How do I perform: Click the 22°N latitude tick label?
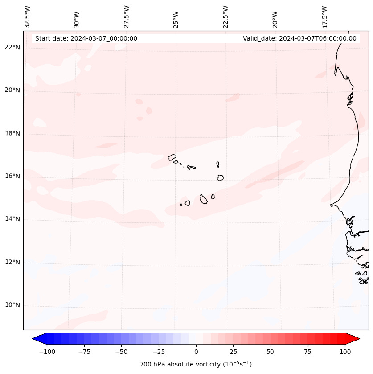tap(12, 47)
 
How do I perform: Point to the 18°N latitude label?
tap(12, 133)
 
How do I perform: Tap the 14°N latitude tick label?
tap(12, 219)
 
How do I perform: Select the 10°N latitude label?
tap(12, 305)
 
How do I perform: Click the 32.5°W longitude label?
tap(28, 16)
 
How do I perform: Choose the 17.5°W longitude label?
tap(324, 16)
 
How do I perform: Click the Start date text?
tap(86, 38)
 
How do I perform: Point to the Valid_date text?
tap(299, 38)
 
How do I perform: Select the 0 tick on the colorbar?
tap(196, 352)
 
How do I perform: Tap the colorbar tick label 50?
tap(271, 352)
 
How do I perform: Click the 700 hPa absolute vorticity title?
tap(196, 364)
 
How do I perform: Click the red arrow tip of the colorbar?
tap(355, 339)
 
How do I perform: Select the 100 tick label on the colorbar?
tap(345, 352)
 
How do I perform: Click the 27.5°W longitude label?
tap(127, 16)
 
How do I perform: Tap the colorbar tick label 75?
tap(307, 352)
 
